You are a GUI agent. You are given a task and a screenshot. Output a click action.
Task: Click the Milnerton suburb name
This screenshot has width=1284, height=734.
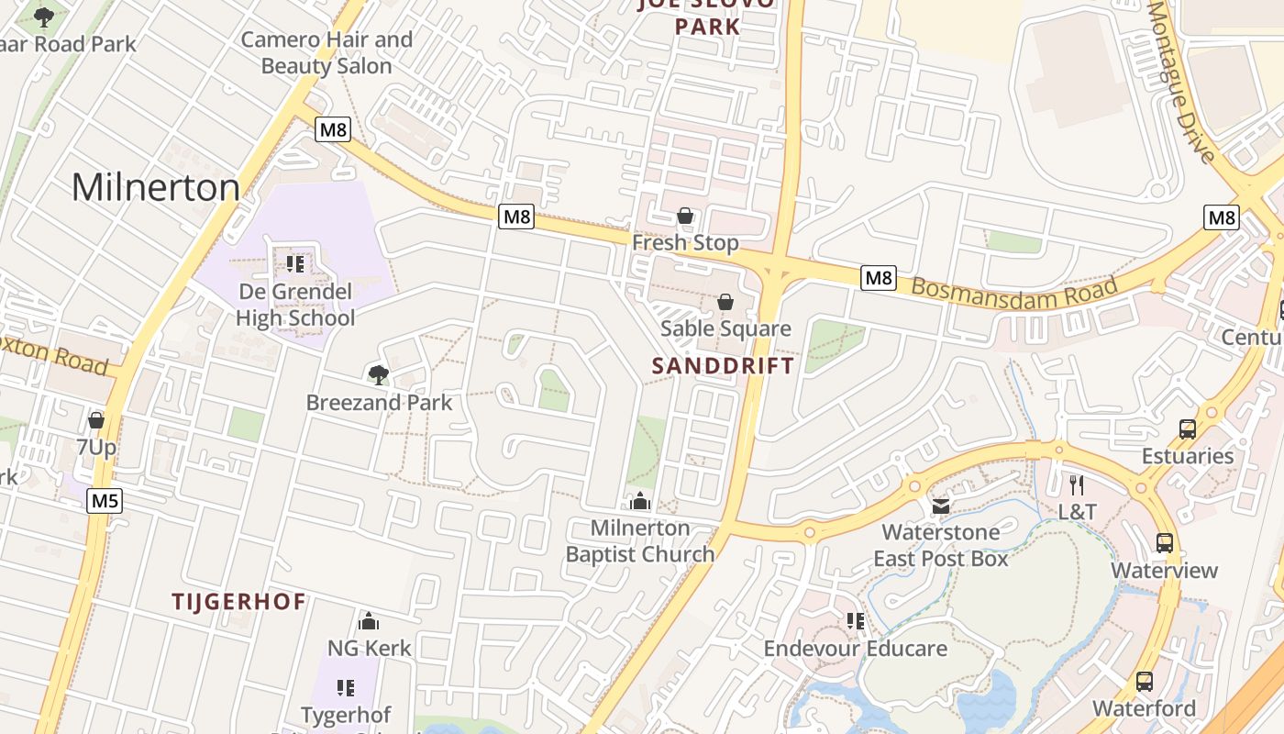click(156, 188)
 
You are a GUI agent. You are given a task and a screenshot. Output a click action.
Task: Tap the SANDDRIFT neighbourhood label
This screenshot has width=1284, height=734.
click(723, 365)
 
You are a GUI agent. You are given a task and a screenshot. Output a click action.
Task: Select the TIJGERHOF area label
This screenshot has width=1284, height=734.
click(239, 602)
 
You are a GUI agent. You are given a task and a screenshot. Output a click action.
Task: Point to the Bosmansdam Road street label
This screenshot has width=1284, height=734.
click(1014, 293)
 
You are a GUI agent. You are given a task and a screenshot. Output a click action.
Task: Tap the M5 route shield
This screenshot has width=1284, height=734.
click(105, 501)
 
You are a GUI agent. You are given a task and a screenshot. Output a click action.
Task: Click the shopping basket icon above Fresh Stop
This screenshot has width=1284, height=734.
click(685, 216)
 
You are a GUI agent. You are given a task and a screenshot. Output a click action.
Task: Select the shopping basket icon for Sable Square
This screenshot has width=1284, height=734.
click(725, 302)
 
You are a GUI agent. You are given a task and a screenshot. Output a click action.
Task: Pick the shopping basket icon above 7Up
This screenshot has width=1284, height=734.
click(96, 420)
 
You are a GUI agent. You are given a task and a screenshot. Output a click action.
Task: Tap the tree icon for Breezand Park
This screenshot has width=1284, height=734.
click(378, 374)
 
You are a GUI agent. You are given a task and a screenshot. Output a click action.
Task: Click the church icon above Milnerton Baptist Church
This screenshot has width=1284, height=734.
click(640, 501)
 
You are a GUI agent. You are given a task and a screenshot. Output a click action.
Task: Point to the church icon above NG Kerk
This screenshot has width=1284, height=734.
click(369, 621)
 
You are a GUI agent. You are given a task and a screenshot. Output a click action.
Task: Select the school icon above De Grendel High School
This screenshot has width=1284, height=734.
click(295, 264)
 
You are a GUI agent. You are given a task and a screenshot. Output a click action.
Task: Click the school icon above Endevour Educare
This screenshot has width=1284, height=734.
click(856, 621)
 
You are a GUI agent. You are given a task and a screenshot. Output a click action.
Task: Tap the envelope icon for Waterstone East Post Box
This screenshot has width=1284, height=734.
click(940, 506)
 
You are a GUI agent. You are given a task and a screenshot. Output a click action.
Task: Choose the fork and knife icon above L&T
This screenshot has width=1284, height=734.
click(1077, 484)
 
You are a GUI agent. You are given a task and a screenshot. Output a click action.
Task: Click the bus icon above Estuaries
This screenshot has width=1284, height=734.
click(1188, 428)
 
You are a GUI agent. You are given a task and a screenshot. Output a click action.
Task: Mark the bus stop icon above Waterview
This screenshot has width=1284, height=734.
click(1165, 542)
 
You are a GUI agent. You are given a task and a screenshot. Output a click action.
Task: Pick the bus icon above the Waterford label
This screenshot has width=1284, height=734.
click(1145, 681)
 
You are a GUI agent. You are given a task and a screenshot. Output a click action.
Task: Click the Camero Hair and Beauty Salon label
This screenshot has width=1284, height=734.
click(327, 53)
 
